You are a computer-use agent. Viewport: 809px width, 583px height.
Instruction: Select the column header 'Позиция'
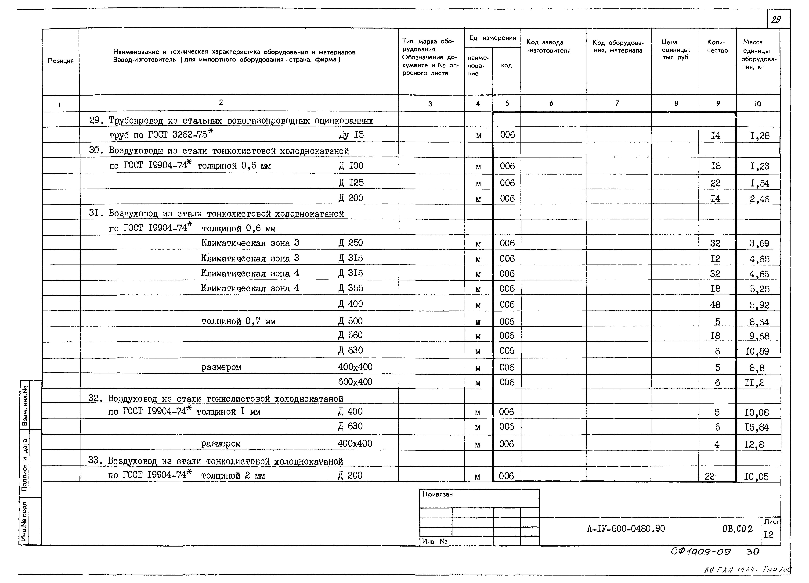61,61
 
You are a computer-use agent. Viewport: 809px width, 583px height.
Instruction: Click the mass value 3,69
759,243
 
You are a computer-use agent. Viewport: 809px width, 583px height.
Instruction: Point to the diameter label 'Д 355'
351,288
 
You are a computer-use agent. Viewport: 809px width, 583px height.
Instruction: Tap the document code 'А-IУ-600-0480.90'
626,529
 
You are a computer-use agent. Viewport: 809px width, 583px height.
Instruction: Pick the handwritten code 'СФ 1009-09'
701,552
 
